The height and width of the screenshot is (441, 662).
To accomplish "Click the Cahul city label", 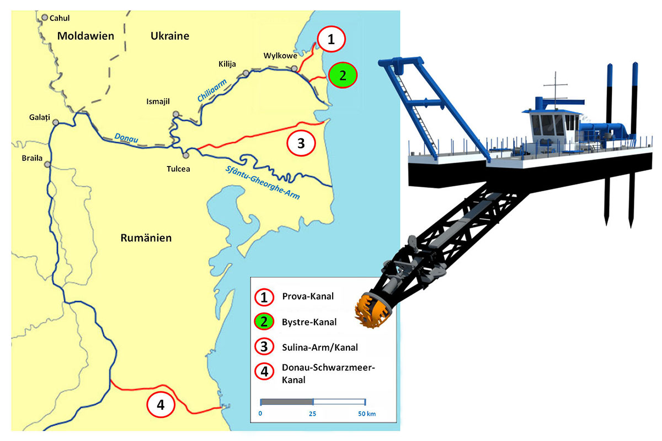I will click(x=60, y=18).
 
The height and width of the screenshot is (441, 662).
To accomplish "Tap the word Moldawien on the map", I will click(x=86, y=36).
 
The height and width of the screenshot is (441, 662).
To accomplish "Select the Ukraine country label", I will click(x=169, y=36).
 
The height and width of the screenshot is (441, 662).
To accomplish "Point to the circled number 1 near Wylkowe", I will click(x=330, y=39).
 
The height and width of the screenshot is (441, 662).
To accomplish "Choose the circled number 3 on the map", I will click(x=301, y=143).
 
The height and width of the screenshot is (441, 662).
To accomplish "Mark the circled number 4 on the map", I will click(x=161, y=405).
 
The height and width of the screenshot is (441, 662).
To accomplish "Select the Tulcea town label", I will click(x=178, y=169).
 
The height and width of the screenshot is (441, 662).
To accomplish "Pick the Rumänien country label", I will click(x=146, y=238).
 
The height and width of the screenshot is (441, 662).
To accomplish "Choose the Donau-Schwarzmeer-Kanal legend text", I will click(x=321, y=375).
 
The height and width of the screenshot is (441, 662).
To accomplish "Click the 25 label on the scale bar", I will click(x=312, y=413).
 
